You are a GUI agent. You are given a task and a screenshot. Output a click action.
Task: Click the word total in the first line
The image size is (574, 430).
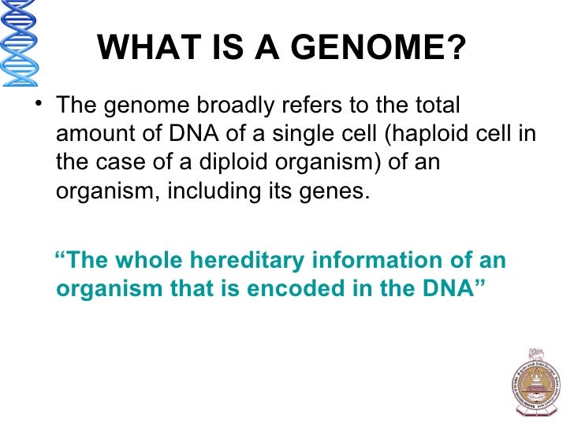(434, 106)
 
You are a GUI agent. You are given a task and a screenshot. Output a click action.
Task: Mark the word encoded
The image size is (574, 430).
(291, 288)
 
